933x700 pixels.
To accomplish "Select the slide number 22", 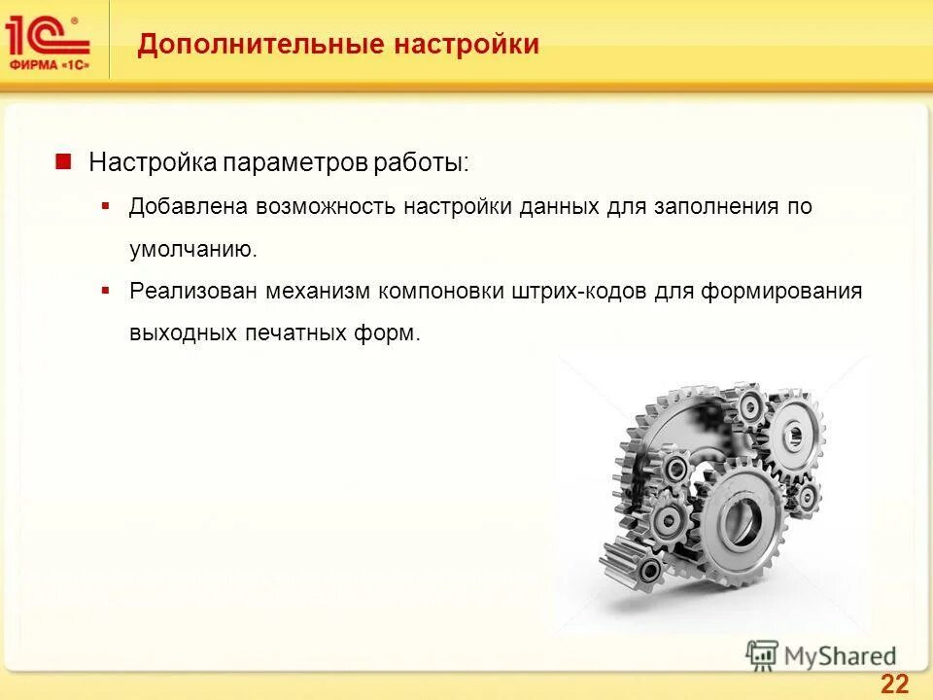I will [x=894, y=682].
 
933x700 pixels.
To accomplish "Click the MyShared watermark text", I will [x=841, y=655].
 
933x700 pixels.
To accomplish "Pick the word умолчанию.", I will [x=194, y=249].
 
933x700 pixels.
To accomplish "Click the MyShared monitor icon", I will [x=763, y=654].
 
